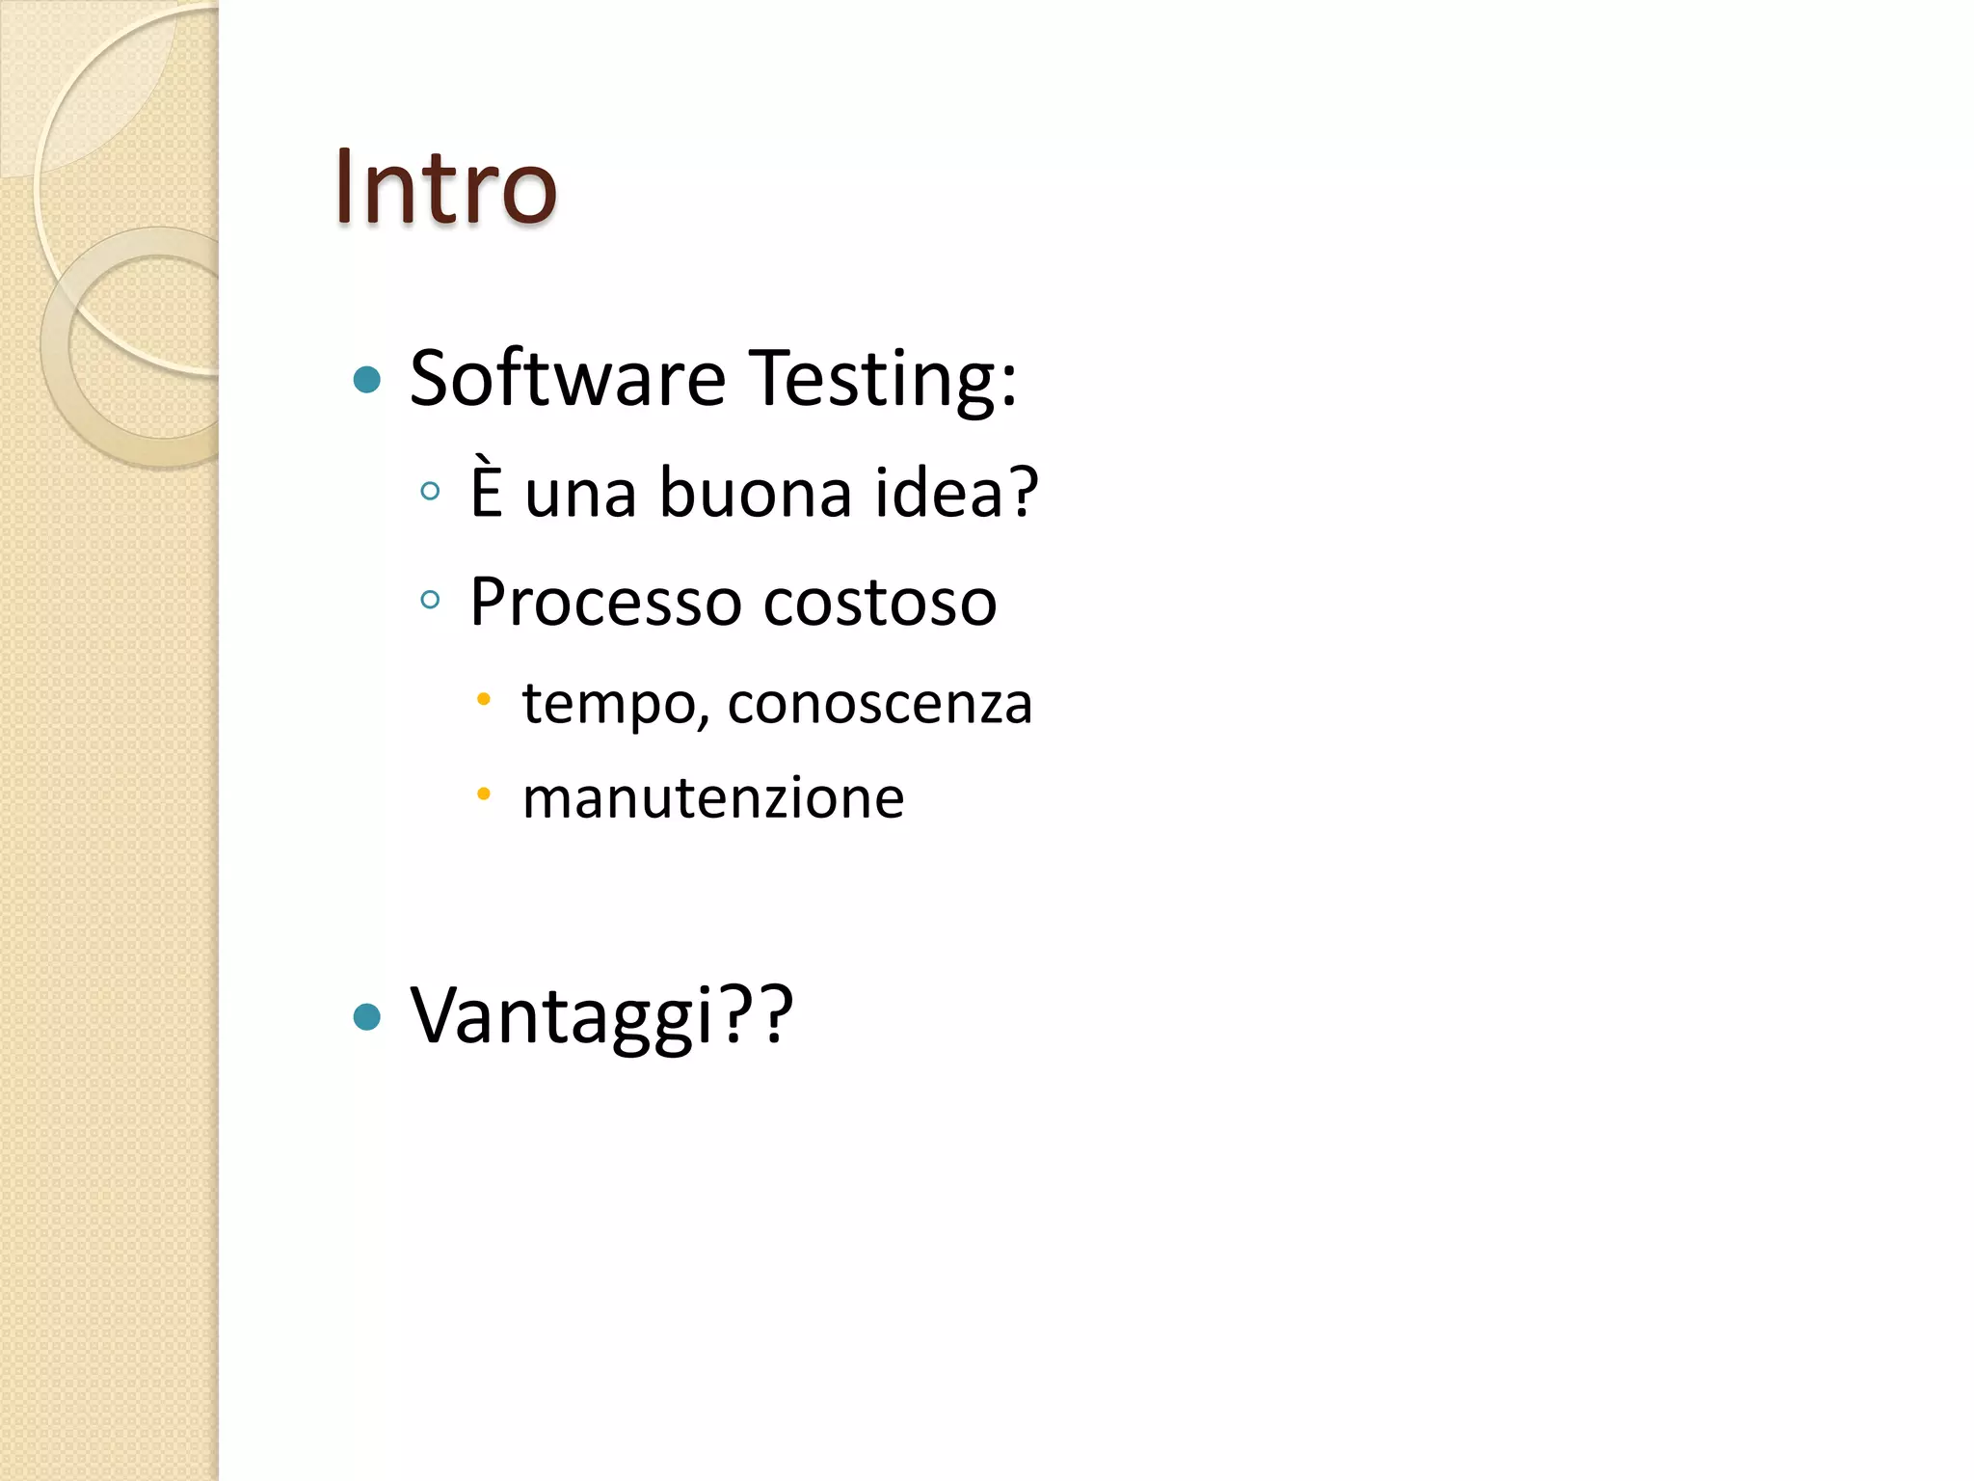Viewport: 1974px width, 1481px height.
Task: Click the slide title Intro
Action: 445,187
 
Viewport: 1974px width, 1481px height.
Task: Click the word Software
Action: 568,378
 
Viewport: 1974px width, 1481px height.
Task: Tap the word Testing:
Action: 883,380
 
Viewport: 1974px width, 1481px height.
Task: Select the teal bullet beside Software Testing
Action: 367,379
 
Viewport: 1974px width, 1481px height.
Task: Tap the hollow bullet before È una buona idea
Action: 431,492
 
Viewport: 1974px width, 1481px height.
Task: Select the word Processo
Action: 606,603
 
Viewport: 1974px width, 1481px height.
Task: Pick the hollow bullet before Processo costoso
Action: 431,601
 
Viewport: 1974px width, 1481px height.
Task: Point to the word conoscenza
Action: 880,703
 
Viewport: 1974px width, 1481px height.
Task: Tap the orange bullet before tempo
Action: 484,698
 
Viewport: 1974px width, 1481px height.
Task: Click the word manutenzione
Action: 713,798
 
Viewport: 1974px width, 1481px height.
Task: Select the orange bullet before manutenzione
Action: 484,794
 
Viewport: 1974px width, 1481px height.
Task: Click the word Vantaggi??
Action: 601,1016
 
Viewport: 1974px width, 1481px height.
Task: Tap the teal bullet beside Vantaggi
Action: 367,1016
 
